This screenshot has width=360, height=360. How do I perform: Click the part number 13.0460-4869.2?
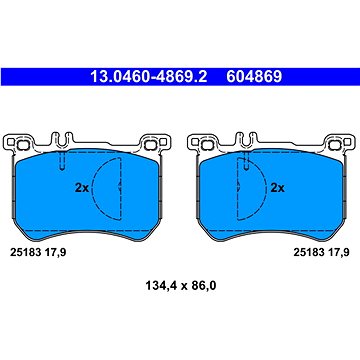pos(149,77)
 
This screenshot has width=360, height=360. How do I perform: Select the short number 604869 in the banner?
pos(254,77)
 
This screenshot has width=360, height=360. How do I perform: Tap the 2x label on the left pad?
pos(82,188)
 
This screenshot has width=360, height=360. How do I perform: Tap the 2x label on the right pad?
pos(277,188)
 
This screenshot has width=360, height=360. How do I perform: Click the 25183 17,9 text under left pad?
pos(38,253)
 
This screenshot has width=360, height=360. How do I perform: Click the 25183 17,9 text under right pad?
pos(321,253)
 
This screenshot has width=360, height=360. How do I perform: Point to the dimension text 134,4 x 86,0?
pos(181,285)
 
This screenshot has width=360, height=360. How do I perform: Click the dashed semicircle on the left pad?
pos(93,188)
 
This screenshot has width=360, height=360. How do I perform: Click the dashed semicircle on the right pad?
pos(266,188)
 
